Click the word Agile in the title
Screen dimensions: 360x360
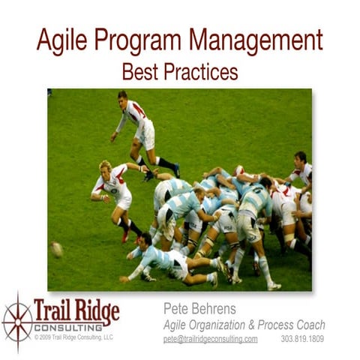[x=60, y=41]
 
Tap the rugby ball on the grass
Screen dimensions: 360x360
[x=57, y=249]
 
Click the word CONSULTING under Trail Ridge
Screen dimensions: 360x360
[x=75, y=328]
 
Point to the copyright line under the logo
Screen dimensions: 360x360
[x=73, y=337]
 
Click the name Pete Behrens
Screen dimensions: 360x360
[x=199, y=308]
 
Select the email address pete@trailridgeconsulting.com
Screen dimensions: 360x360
[x=210, y=339]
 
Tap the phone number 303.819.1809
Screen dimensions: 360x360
[x=302, y=339]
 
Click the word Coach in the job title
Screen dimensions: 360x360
[x=307, y=324]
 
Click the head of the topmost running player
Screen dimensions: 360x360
[x=122, y=97]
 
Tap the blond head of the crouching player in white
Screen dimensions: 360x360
[x=106, y=166]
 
